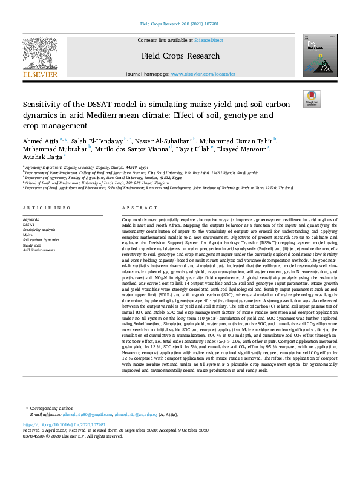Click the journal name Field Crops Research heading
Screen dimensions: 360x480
pos(180,56)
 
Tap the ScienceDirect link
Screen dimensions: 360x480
pos(208,40)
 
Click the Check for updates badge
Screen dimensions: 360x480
pos(312,99)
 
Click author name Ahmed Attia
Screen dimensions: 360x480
pos(41,140)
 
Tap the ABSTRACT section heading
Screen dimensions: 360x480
pos(136,207)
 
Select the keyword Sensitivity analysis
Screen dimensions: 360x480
pos(39,230)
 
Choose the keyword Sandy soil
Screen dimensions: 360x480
pos(32,245)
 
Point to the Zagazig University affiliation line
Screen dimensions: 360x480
pos(87,167)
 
